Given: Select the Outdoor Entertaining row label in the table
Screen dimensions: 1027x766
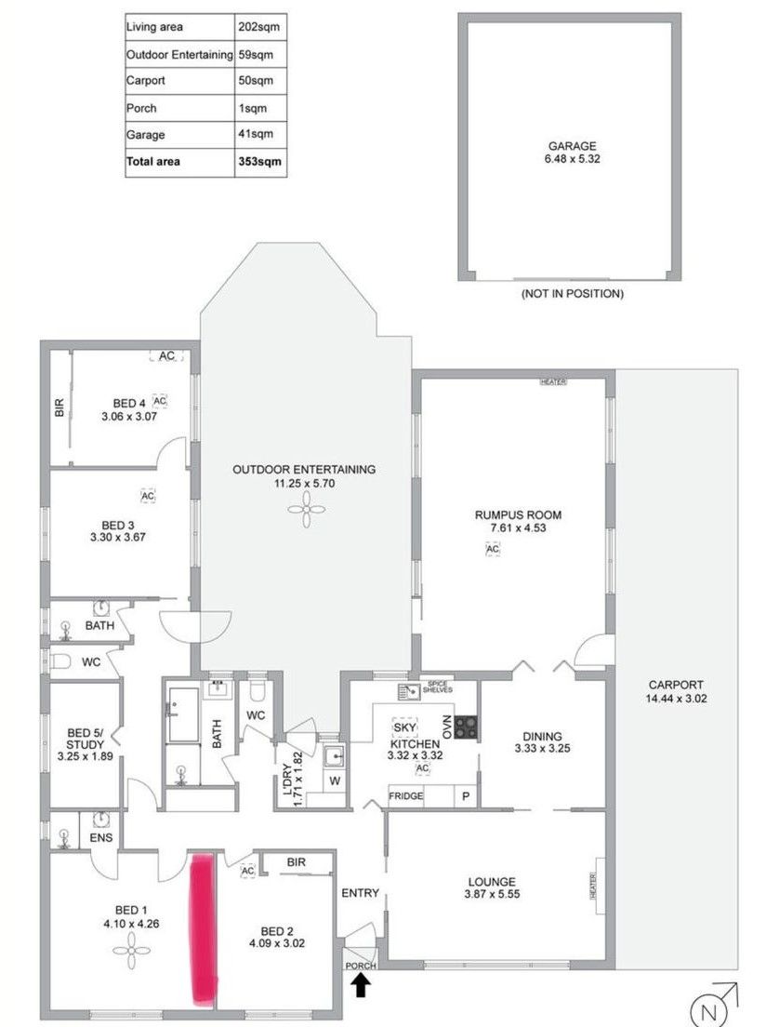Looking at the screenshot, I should pos(178,55).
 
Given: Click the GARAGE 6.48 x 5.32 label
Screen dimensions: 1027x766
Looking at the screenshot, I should pos(572,152).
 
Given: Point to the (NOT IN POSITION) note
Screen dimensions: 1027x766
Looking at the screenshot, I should pos(572,294).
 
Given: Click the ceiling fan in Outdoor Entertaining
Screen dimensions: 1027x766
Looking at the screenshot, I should pos(304,506).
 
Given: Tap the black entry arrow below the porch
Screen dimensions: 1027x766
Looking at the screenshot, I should pos(361,984).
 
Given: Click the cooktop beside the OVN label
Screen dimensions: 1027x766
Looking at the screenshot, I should pos(467,726).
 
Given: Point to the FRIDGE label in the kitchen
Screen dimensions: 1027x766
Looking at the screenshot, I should pos(406,796).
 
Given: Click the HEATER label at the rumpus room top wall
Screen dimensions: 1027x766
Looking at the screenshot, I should pos(554,381).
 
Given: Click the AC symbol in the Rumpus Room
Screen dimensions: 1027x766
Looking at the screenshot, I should pos(493,550).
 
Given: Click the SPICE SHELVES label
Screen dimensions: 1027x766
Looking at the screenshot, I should pos(434,687).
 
